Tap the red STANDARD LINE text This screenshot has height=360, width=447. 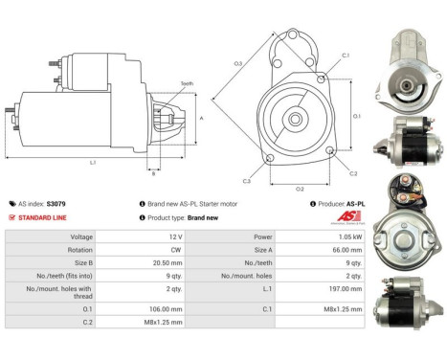[x=47, y=217]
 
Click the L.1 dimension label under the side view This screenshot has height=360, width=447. [x=93, y=163]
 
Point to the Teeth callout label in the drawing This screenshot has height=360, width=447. [x=185, y=84]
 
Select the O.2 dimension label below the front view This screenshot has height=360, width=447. [x=299, y=189]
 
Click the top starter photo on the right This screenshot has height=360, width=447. [x=413, y=61]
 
